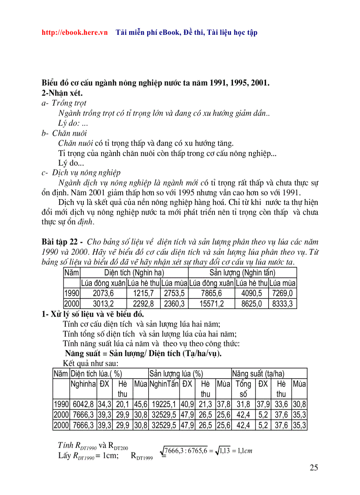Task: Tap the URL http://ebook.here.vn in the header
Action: click(75, 33)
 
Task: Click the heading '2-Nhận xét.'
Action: click(62, 93)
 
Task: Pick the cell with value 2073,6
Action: click(103, 293)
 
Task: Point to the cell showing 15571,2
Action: click(211, 303)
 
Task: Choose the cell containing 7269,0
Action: click(283, 293)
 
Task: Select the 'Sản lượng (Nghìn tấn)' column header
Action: click(242, 273)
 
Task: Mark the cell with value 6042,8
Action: click(83, 404)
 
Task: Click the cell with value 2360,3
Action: click(174, 303)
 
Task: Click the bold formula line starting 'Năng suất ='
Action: click(143, 354)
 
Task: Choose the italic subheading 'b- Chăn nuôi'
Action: click(64, 133)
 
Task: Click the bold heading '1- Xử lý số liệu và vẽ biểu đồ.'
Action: click(93, 314)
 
